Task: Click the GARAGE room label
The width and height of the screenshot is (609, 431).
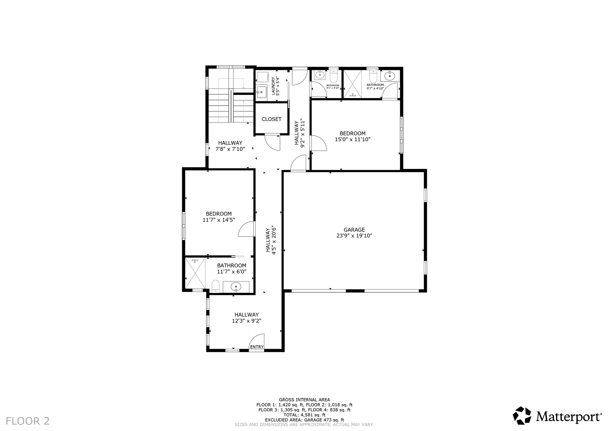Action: (x=354, y=230)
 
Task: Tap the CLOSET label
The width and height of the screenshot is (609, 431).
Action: (x=272, y=119)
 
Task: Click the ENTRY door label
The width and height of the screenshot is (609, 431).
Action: (x=257, y=347)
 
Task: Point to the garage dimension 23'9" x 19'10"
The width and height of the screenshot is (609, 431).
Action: (x=354, y=236)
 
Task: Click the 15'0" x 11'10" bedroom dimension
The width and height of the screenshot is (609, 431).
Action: (x=353, y=139)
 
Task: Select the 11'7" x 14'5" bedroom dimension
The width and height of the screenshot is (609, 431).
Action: (x=219, y=220)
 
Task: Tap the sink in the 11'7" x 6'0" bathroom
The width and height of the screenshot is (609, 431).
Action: (x=236, y=287)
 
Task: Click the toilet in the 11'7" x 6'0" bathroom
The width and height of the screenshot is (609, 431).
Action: (x=216, y=286)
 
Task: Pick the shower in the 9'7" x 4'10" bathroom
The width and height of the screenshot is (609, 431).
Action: (x=352, y=83)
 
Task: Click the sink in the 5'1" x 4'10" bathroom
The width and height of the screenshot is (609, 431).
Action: (x=319, y=76)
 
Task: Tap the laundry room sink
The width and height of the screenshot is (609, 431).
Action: (x=261, y=92)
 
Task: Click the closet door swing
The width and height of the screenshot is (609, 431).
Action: (x=272, y=143)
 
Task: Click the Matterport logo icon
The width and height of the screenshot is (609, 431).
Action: (x=522, y=415)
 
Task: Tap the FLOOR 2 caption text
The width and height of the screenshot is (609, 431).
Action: (x=28, y=421)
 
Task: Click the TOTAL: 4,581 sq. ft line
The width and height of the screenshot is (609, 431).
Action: (x=304, y=415)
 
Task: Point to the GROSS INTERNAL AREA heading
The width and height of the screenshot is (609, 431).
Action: (x=304, y=400)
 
